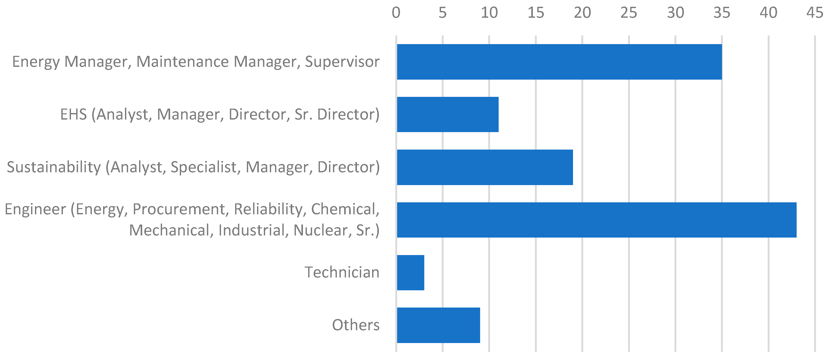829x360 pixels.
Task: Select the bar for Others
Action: point(438,325)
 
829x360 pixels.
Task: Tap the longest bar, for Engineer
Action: point(596,220)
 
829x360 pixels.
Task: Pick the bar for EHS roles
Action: point(448,114)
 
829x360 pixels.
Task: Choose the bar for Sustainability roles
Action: point(485,167)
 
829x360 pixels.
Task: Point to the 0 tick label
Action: point(396,13)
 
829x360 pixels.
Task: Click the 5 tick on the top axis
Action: point(443,13)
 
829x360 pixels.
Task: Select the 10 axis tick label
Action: point(489,13)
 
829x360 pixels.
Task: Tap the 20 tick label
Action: point(582,13)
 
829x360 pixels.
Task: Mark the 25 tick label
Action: point(629,13)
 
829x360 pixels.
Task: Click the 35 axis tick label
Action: point(721,13)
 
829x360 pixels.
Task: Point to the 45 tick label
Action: point(815,13)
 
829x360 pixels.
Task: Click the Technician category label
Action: point(342,273)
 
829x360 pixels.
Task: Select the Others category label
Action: point(356,325)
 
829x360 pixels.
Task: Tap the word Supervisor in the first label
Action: point(342,62)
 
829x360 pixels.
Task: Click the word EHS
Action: point(73,114)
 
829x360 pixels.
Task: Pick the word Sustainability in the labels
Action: point(54,167)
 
